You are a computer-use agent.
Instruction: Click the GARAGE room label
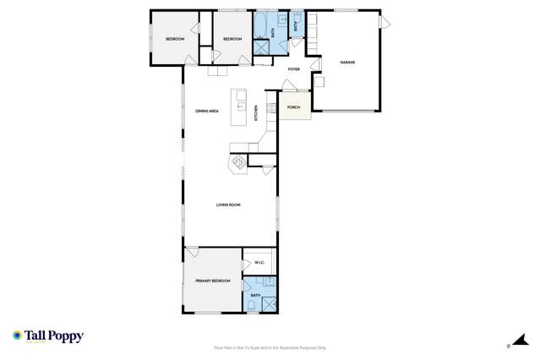pos(346,63)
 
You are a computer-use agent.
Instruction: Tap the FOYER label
pos(294,69)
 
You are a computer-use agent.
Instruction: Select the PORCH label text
pos(294,107)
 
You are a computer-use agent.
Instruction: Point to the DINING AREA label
pos(207,111)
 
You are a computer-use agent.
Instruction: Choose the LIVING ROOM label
pos(228,205)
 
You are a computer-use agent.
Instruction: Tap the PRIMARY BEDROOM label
pos(212,280)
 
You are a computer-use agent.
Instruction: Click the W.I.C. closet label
pos(259,263)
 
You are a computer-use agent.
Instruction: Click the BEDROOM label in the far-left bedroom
pos(174,39)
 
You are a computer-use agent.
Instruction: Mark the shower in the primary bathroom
pos(269,304)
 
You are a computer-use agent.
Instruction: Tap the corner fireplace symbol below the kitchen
pos(238,161)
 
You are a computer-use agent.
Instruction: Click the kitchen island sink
pos(240,106)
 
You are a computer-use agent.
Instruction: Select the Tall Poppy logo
pos(48,336)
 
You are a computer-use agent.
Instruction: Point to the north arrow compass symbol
pos(509,344)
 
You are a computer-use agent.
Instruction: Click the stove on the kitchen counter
pos(272,107)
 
